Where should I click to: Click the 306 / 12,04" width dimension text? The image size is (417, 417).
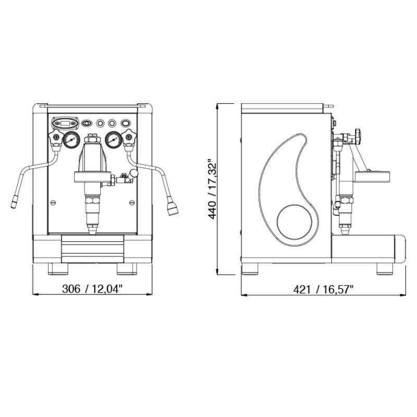(x=92, y=289)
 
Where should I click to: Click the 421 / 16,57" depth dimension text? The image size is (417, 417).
(x=323, y=289)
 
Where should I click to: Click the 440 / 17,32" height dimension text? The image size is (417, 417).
(x=212, y=189)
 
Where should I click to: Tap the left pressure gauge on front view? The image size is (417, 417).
(x=71, y=140)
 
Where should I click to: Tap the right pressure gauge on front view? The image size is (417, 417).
(x=114, y=140)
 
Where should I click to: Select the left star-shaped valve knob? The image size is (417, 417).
(x=56, y=137)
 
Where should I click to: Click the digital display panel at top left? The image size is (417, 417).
(x=65, y=123)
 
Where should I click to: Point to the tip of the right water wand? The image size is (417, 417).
(x=173, y=212)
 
